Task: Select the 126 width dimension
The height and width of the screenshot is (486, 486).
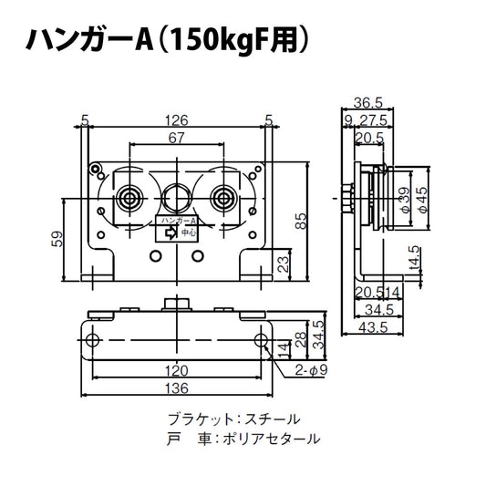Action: [x=176, y=118]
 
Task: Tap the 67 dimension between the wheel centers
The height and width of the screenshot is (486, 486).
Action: [x=176, y=138]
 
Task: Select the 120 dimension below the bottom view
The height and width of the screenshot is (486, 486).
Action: [x=176, y=371]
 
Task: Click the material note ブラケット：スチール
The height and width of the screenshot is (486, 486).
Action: [x=233, y=419]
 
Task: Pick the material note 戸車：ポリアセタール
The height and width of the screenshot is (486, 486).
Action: [x=244, y=439]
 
